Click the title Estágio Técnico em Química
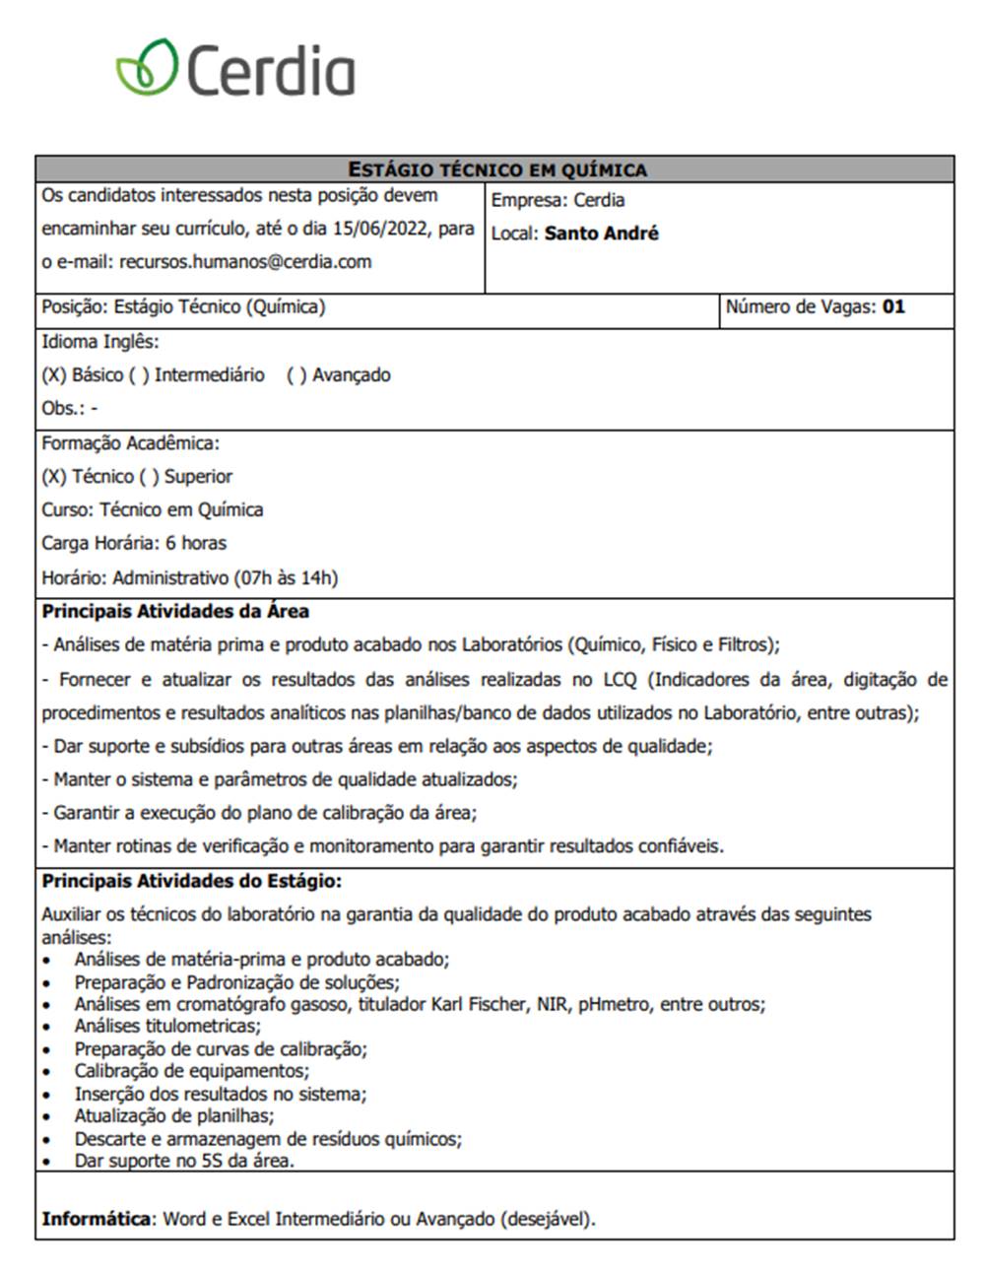tap(497, 169)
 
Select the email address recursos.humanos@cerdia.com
tap(245, 262)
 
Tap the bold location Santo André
tap(601, 234)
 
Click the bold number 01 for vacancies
tap(893, 306)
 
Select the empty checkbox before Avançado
tap(295, 375)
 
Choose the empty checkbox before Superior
tap(148, 477)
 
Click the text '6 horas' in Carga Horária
tap(196, 543)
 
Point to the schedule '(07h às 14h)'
tap(286, 577)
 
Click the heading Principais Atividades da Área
tap(175, 612)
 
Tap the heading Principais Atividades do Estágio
tap(191, 881)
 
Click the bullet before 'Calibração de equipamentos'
tap(47, 1072)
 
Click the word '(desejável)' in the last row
tap(548, 1219)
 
